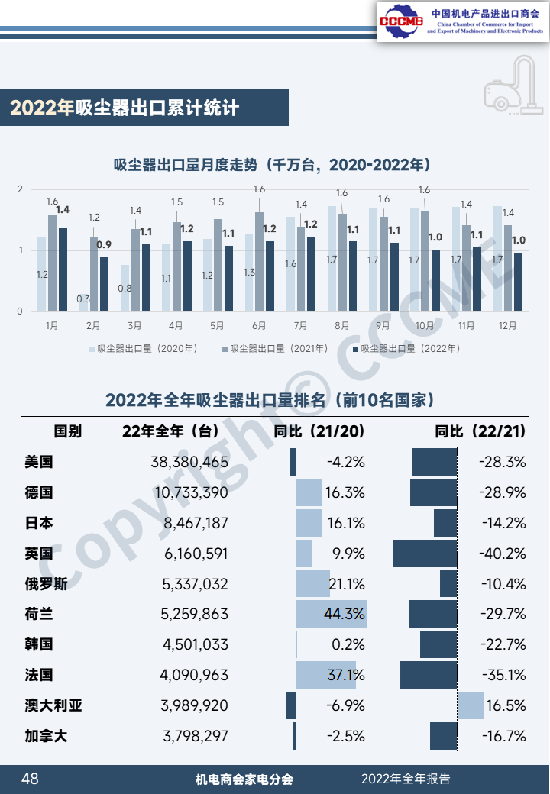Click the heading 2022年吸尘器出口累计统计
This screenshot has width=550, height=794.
pyautogui.click(x=125, y=108)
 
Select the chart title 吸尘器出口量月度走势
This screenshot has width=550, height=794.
pyautogui.click(x=272, y=165)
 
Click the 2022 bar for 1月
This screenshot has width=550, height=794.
pyautogui.click(x=63, y=270)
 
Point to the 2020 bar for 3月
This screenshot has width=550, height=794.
pyautogui.click(x=125, y=288)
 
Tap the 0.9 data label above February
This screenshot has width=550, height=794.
pyautogui.click(x=105, y=245)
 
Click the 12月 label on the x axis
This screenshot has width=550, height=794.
pyautogui.click(x=506, y=325)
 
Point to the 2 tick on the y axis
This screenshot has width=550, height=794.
pyautogui.click(x=21, y=189)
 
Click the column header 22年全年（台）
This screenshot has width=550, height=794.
pyautogui.click(x=171, y=431)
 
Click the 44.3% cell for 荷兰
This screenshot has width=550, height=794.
pyautogui.click(x=345, y=615)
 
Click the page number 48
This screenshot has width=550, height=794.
pyautogui.click(x=30, y=779)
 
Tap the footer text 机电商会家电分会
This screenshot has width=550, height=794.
pyautogui.click(x=244, y=779)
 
